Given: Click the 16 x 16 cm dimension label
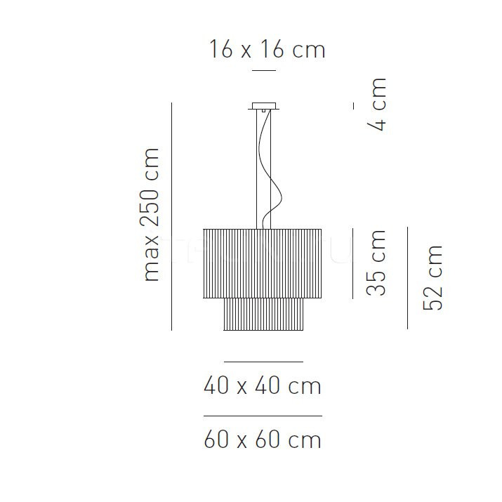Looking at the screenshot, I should click(267, 50).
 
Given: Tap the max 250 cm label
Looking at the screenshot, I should click(152, 214).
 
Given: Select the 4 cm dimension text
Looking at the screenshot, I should click(377, 106).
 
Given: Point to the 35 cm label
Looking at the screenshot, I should click(377, 263).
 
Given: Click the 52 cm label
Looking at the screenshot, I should click(432, 277).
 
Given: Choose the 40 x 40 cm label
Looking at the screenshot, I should click(262, 385).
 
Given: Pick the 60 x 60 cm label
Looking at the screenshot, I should click(262, 440).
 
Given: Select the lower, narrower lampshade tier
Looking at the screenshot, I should click(263, 314).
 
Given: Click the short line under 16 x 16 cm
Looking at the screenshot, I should click(264, 71).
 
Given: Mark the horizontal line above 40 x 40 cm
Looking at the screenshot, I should click(263, 362).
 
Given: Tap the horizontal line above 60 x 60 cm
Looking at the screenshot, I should click(263, 416).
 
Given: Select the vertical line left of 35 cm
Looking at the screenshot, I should click(352, 263).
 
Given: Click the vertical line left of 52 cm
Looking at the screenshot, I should click(407, 277).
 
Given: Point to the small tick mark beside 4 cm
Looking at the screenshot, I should click(354, 105).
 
